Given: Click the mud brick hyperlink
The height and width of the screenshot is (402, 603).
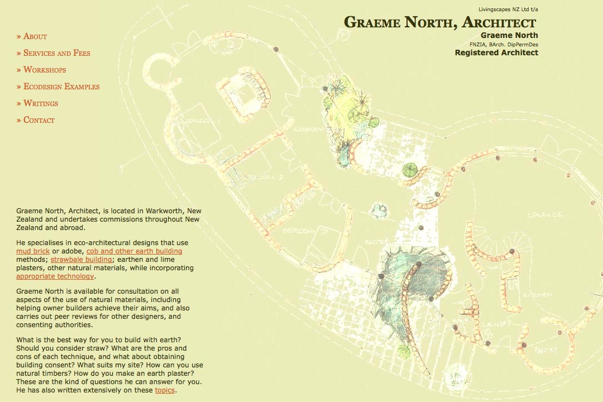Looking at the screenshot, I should (x=33, y=251).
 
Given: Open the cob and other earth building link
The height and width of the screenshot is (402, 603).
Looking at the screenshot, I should (x=134, y=251).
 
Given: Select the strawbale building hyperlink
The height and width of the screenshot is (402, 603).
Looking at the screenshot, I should (x=81, y=260).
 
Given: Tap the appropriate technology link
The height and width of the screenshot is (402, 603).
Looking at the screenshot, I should (x=55, y=276).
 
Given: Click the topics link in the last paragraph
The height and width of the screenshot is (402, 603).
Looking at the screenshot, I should (x=165, y=390).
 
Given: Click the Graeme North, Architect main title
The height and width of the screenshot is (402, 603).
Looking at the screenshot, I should (x=440, y=22).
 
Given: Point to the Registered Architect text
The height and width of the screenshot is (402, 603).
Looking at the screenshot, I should (x=496, y=52).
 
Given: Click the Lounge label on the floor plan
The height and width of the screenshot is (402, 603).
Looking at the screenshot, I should (x=545, y=214).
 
